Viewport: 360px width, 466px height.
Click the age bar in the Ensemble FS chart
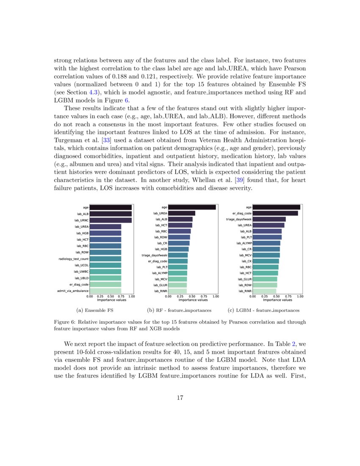pos(111,208)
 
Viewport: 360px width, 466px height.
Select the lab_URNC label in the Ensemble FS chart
pos(81,220)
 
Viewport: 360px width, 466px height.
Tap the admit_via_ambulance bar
pos(105,291)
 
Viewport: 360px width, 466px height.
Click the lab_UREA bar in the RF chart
pos(182,214)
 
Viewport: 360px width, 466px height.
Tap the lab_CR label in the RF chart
pos(162,243)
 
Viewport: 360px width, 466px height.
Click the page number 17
pos(180,398)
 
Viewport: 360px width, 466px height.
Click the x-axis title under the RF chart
pos(193,300)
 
